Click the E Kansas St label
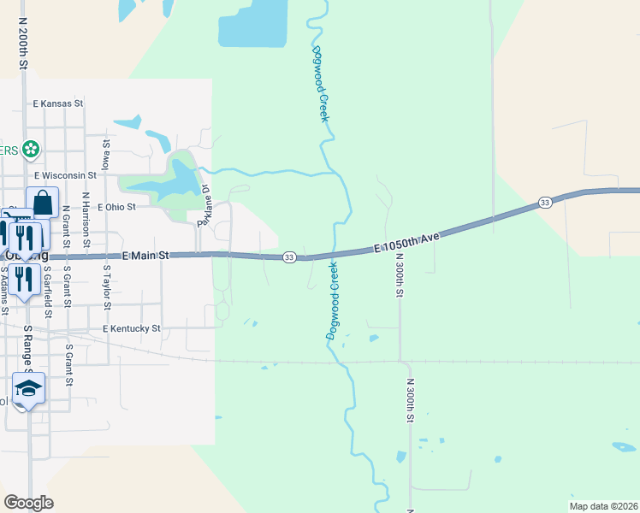click(58, 103)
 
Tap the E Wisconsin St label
click(65, 175)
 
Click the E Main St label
click(147, 256)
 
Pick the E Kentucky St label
click(131, 328)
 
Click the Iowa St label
click(106, 157)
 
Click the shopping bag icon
click(42, 203)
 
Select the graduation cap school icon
click(28, 388)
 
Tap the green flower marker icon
click(32, 150)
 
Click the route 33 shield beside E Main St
click(289, 257)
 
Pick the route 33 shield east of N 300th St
click(545, 203)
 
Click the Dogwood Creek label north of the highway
click(319, 84)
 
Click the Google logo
click(28, 503)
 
